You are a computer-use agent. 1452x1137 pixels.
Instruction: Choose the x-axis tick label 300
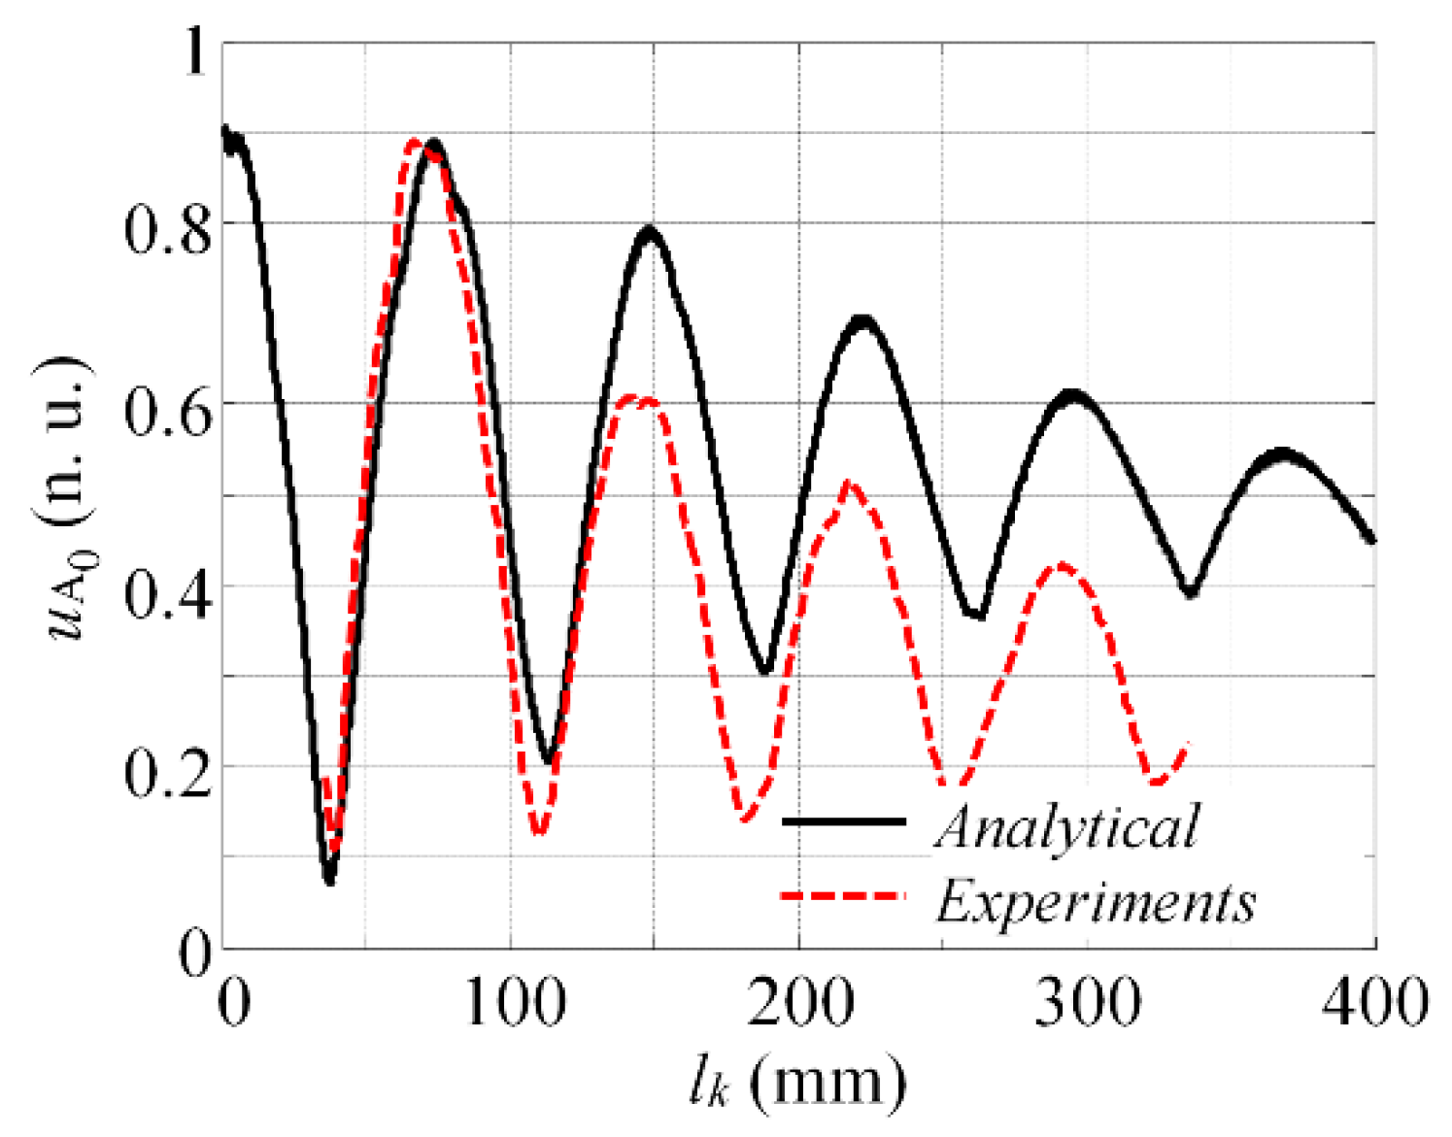(1087, 1001)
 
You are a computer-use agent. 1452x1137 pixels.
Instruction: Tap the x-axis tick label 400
(1373, 1001)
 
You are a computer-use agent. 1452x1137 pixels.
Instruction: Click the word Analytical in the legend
(1066, 827)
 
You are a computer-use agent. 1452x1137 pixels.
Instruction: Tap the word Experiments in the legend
(1096, 900)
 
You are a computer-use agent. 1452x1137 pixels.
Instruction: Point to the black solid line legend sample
(843, 821)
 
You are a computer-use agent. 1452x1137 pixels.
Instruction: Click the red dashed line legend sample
(843, 895)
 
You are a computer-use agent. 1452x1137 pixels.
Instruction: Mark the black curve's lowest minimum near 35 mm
(329, 879)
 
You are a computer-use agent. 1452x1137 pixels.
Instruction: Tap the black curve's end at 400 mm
(1372, 540)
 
